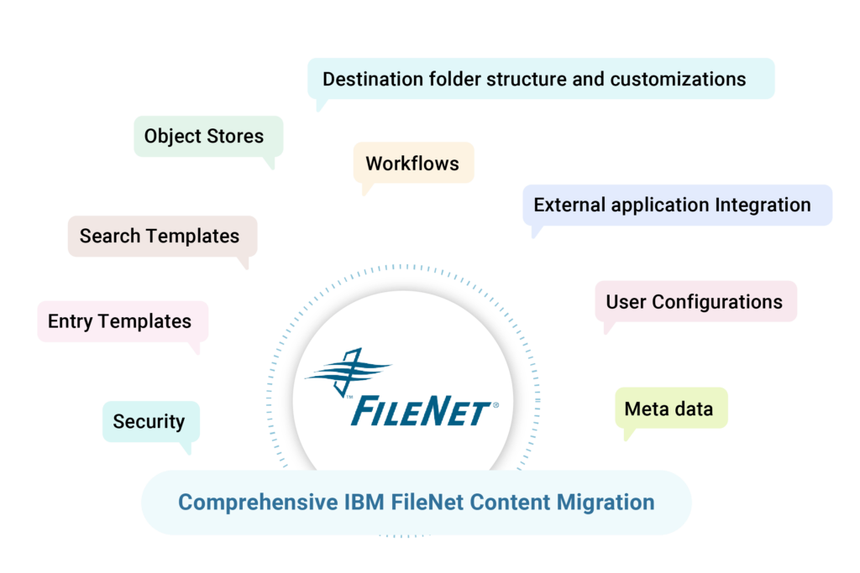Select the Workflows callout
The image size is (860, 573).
pyautogui.click(x=413, y=163)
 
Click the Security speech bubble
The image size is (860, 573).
pyautogui.click(x=150, y=421)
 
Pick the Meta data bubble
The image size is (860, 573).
pyautogui.click(x=670, y=409)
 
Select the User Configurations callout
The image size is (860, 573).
pyautogui.click(x=695, y=301)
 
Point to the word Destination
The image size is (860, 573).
pyautogui.click(x=374, y=79)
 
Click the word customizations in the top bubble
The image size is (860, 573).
pyautogui.click(x=678, y=79)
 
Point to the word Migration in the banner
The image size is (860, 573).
pyautogui.click(x=605, y=502)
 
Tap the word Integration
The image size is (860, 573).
pyautogui.click(x=763, y=205)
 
